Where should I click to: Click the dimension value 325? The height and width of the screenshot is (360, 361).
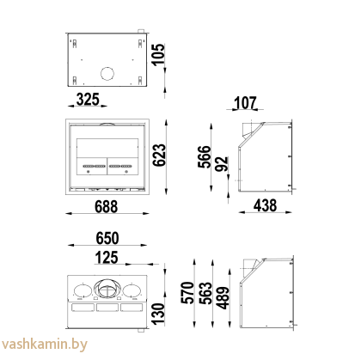point(87,99)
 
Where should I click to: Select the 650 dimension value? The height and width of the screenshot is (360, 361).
point(107,239)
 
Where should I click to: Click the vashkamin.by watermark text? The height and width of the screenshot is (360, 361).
point(40,345)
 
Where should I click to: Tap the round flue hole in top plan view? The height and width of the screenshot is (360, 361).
point(107,74)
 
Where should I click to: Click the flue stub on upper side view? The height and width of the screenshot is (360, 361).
point(247,131)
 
